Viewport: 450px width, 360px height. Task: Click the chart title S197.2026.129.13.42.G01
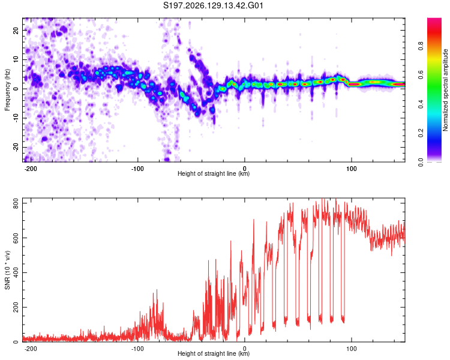tap(213, 5)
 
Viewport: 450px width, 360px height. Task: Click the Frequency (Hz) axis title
tap(7, 90)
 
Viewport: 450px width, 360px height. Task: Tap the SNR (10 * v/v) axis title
tap(7, 270)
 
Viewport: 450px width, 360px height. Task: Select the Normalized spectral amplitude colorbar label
tap(445, 90)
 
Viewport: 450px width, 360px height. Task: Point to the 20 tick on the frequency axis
tap(16, 30)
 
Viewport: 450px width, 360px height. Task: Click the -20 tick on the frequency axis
tap(16, 147)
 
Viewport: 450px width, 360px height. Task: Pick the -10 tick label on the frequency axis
tap(16, 118)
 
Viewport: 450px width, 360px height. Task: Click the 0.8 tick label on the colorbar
tap(421, 46)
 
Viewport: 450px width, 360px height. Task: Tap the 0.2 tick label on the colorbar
tap(421, 133)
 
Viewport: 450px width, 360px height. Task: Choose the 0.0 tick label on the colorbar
tap(421, 162)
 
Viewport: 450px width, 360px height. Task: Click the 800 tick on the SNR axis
tap(16, 203)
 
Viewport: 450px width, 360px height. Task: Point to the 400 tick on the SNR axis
tap(16, 272)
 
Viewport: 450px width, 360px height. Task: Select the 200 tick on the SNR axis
tap(16, 307)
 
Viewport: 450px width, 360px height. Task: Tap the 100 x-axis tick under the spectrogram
tap(351, 169)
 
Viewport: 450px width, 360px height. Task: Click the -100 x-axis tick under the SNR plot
tap(137, 349)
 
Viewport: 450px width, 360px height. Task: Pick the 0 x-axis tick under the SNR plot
tap(245, 349)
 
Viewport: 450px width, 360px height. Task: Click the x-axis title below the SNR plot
tap(214, 353)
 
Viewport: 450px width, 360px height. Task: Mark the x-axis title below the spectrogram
tap(214, 173)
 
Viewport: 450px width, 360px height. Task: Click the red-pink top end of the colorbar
tap(434, 20)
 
